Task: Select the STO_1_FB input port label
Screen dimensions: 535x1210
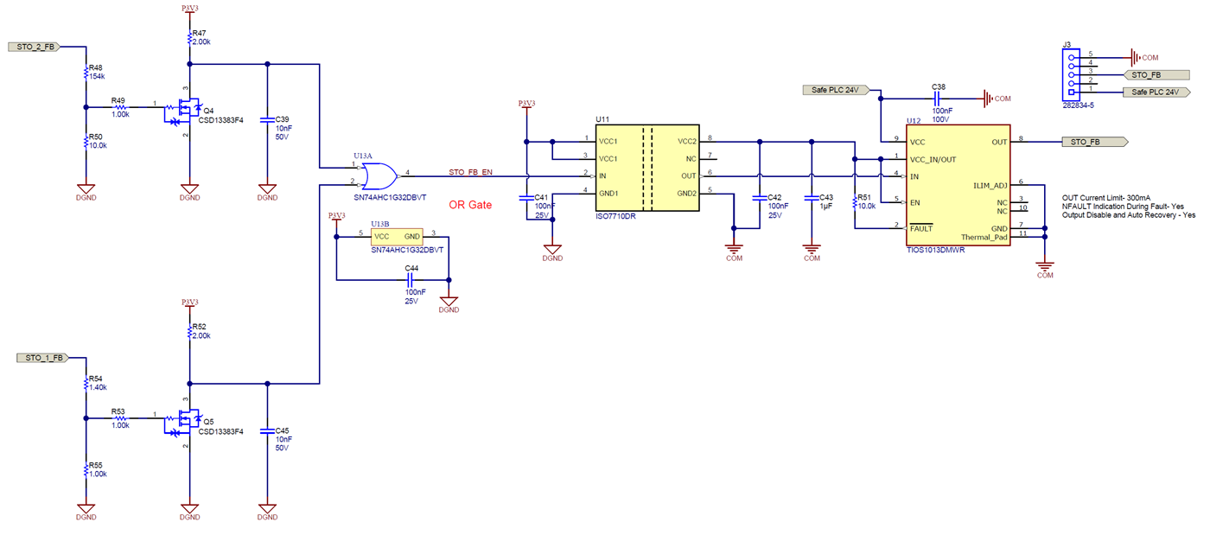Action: (42, 357)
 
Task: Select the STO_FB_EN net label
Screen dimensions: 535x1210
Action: (470, 172)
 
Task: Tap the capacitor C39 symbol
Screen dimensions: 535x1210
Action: (267, 119)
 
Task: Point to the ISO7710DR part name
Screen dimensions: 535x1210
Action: (615, 216)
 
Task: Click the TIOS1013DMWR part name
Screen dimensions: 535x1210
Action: (935, 251)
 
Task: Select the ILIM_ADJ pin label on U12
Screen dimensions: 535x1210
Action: (990, 185)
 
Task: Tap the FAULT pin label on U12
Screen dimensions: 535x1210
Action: (921, 228)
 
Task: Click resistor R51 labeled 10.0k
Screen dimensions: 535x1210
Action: (854, 202)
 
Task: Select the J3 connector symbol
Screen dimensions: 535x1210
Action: (1072, 73)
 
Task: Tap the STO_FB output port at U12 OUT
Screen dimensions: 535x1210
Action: (1093, 142)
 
